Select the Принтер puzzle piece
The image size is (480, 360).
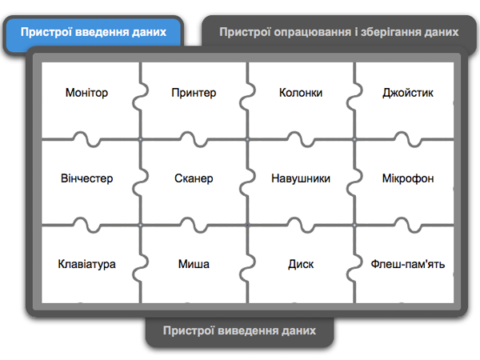194,93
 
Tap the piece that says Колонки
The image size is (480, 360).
301,93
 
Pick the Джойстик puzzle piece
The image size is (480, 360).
408,93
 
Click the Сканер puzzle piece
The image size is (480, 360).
194,178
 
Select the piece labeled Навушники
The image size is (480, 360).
301,178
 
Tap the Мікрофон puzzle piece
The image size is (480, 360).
408,178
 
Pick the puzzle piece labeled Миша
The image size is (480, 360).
194,264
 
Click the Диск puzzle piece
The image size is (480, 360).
301,264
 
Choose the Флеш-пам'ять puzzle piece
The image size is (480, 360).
408,264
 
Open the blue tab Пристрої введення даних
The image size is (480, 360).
94,32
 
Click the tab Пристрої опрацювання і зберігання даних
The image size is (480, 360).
338,33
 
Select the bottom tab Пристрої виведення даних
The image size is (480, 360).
239,330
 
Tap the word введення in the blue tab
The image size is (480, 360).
103,32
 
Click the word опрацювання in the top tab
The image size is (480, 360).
306,33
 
